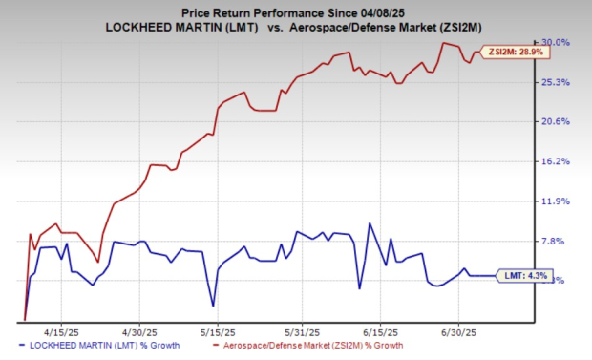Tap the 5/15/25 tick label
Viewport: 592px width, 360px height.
(x=218, y=331)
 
